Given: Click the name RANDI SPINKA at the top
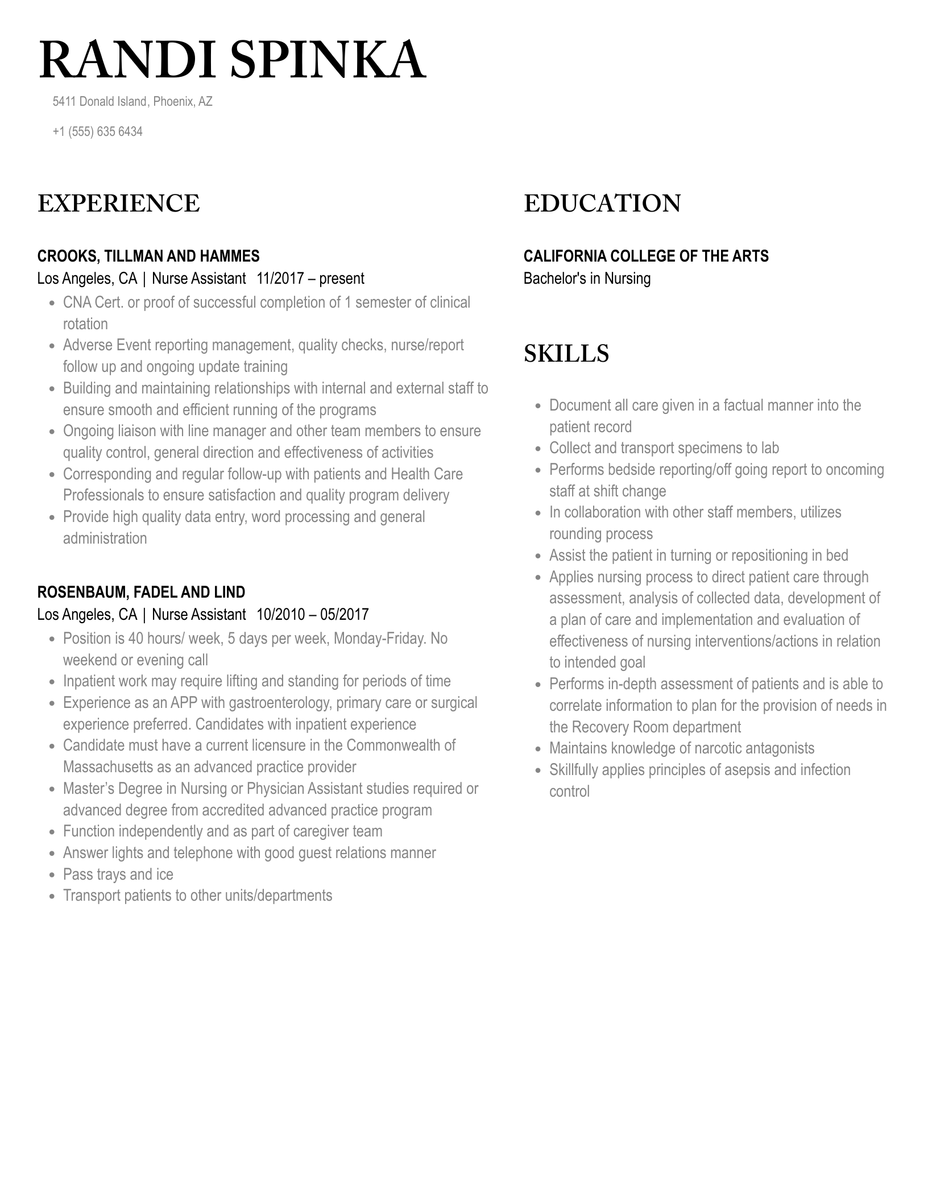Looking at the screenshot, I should (x=232, y=60).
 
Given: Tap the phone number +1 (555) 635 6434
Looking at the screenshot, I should (x=97, y=132).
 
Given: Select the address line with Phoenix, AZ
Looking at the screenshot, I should (x=132, y=102).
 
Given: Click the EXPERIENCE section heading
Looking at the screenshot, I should (x=118, y=204).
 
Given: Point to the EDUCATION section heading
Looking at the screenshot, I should (x=602, y=204).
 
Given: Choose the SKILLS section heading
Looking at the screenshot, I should (x=566, y=354).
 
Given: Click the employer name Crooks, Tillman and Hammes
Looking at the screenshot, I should (x=148, y=256).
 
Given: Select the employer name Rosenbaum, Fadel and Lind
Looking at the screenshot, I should (x=141, y=593).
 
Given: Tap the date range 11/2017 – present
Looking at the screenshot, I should (x=310, y=279).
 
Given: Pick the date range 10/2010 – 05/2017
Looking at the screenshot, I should (x=312, y=615).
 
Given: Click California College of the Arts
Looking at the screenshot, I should (x=645, y=256).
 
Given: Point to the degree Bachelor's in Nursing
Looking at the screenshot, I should (x=587, y=279).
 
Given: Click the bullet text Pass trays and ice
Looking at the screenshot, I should (x=118, y=875).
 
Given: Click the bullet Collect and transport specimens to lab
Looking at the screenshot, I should (x=664, y=448).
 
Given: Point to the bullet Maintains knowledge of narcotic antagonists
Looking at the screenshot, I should (x=681, y=748).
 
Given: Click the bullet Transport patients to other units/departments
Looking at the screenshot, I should (x=197, y=896).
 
